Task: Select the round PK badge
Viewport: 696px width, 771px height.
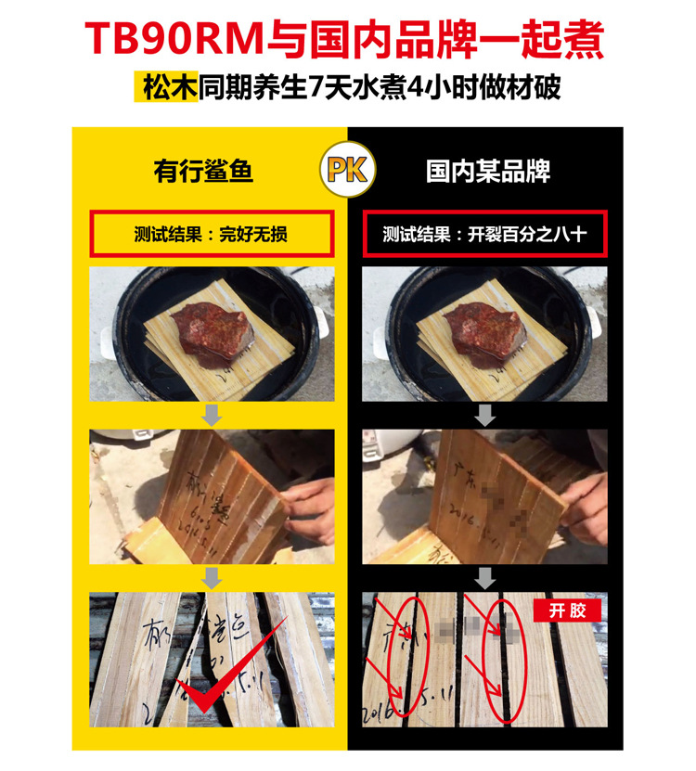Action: click(347, 171)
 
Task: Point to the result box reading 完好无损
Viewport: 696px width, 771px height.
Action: click(211, 234)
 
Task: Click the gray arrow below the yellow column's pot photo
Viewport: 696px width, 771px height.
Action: click(213, 415)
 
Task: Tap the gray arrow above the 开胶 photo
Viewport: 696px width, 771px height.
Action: click(483, 579)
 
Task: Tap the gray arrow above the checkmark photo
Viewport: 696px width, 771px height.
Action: click(213, 579)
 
